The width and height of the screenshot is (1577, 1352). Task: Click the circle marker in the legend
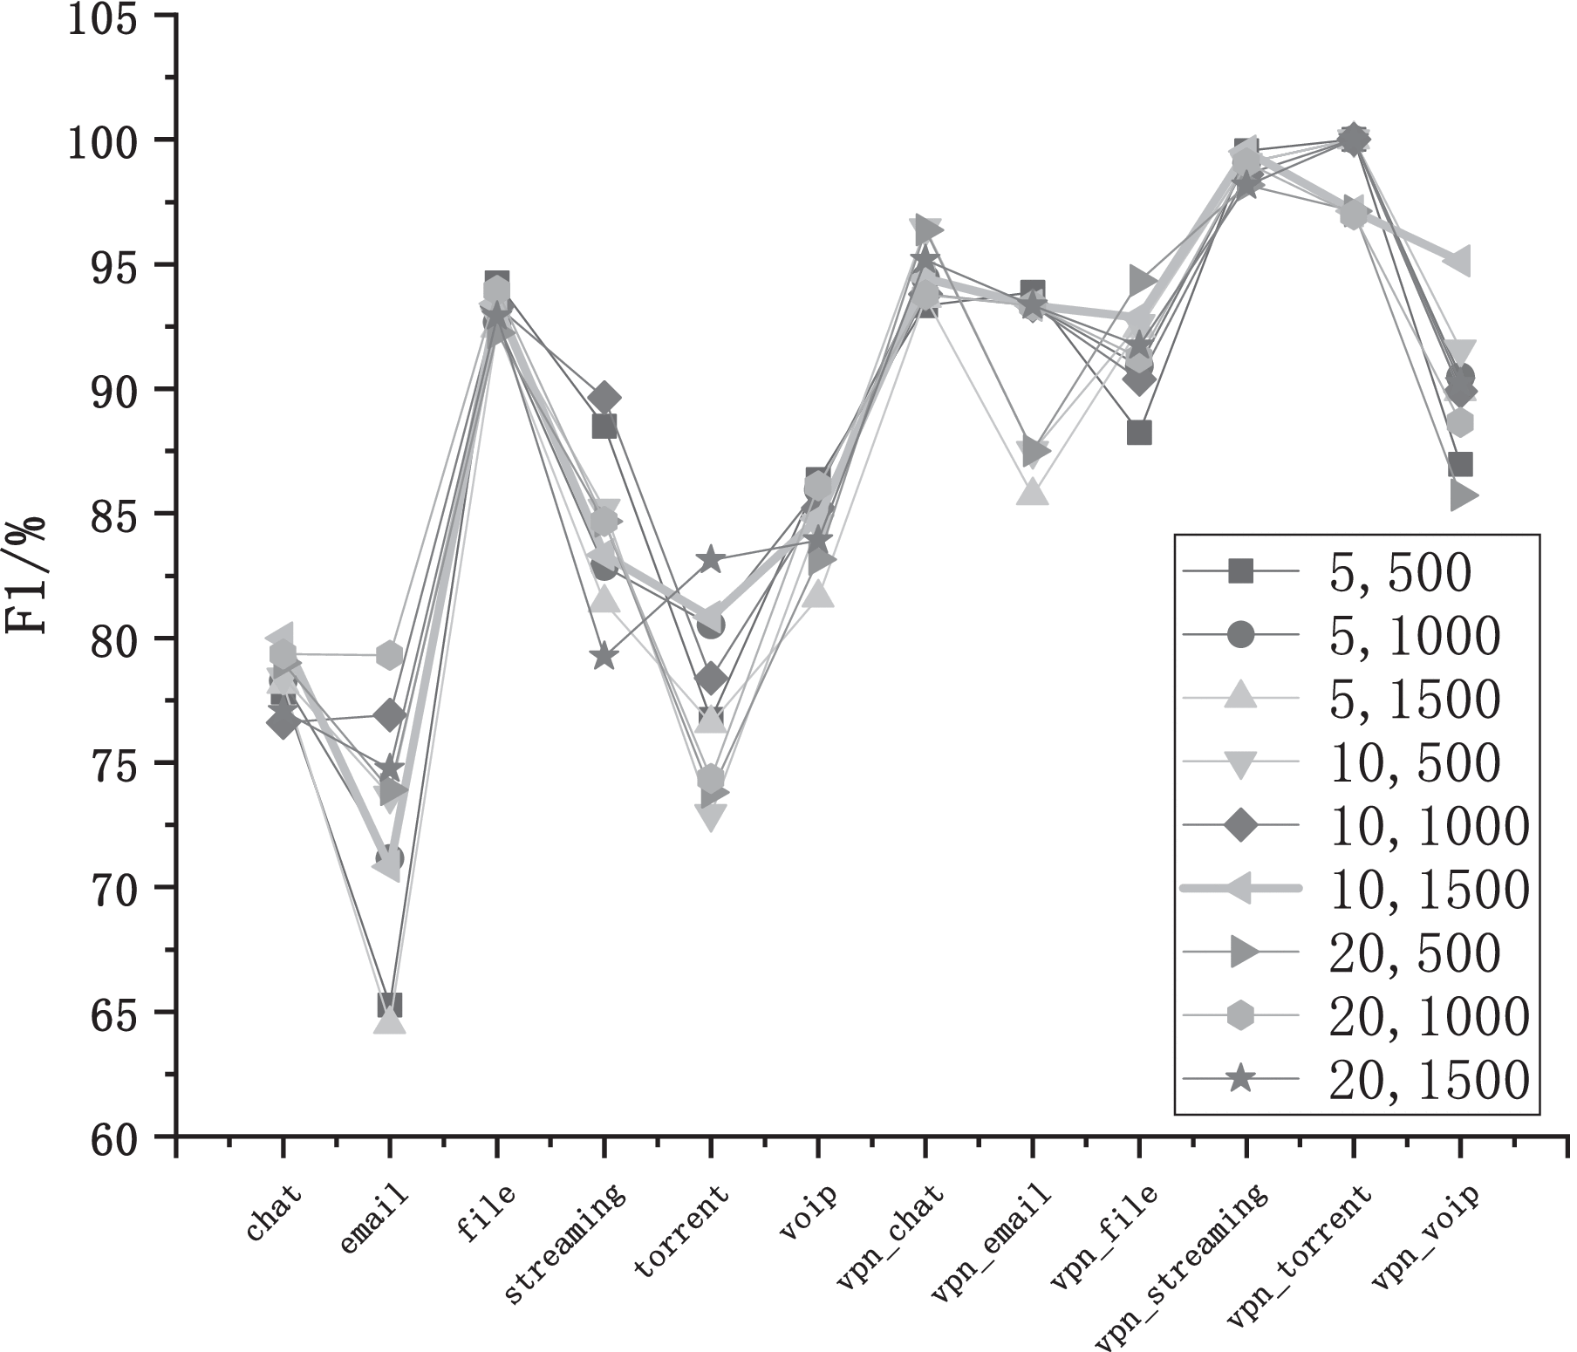click(x=1240, y=636)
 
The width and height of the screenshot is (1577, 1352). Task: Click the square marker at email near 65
click(x=390, y=1005)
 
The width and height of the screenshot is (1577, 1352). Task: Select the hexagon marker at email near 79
click(x=390, y=655)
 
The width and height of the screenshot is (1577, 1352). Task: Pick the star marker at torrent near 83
click(x=710, y=560)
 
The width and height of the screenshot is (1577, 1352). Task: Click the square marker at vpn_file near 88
click(x=1139, y=433)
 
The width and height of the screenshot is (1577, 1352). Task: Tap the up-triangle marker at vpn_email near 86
click(x=1033, y=493)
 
